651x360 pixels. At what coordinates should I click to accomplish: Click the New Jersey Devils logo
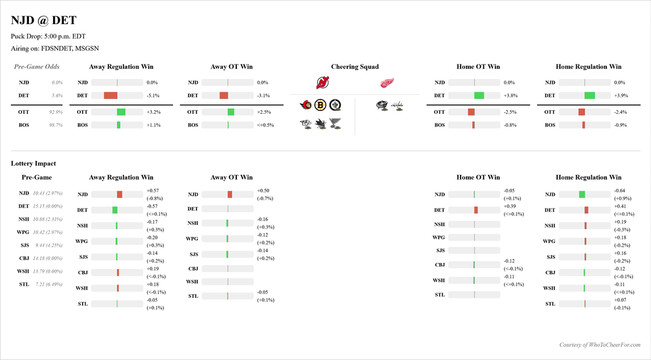click(x=323, y=83)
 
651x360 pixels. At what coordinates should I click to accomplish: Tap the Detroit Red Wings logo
click(x=387, y=83)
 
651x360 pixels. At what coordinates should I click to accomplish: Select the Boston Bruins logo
click(x=321, y=106)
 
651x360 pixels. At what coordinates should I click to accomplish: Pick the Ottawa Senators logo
click(x=307, y=106)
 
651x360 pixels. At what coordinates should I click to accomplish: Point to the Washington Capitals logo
click(x=397, y=106)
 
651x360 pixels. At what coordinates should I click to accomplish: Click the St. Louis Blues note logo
click(x=336, y=124)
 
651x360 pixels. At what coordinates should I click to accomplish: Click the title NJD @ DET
click(x=43, y=21)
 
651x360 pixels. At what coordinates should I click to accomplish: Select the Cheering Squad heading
click(x=354, y=67)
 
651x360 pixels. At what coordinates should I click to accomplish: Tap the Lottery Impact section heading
click(x=33, y=163)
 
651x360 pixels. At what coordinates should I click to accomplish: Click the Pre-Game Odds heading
click(x=37, y=67)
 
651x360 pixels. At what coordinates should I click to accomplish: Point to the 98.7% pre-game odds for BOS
click(x=56, y=125)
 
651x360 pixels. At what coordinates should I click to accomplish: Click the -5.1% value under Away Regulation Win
click(x=153, y=95)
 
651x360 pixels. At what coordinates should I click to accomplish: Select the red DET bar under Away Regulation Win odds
click(x=110, y=95)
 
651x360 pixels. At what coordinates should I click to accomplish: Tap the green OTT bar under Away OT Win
click(x=231, y=112)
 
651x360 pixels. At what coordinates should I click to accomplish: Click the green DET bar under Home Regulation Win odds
click(x=590, y=95)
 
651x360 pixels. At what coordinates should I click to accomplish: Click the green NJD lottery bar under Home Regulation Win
click(x=582, y=194)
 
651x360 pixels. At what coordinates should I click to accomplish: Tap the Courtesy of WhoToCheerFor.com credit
click(x=599, y=345)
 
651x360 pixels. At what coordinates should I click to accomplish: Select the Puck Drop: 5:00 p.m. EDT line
click(x=48, y=36)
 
